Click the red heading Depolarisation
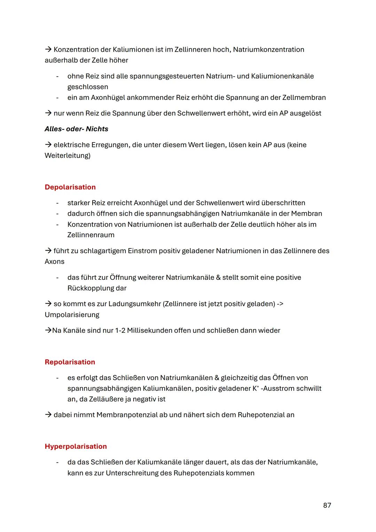[x=70, y=187]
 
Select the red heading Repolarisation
[x=70, y=362]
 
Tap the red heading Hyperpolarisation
[x=76, y=446]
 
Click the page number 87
[x=327, y=505]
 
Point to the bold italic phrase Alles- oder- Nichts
[x=76, y=129]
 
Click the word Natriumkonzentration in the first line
[x=268, y=49]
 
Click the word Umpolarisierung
[x=72, y=315]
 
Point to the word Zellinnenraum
[x=91, y=235]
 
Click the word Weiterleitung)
[x=67, y=155]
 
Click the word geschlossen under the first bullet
[x=88, y=87]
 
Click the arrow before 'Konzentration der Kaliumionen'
[x=48, y=49]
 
